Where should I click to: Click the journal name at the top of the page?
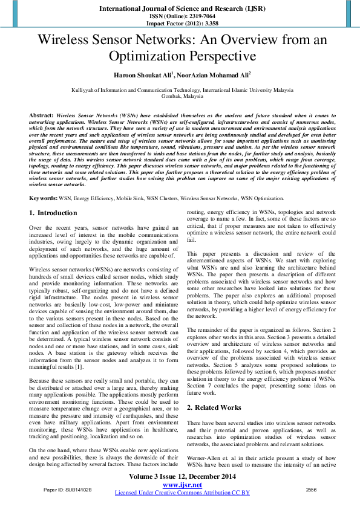click(x=179, y=9)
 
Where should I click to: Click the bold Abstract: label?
click(x=42, y=115)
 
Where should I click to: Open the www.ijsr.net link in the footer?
click(x=182, y=485)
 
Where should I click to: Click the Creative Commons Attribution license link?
click(x=182, y=493)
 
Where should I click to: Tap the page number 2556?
click(x=311, y=489)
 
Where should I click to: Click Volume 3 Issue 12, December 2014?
click(x=182, y=477)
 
